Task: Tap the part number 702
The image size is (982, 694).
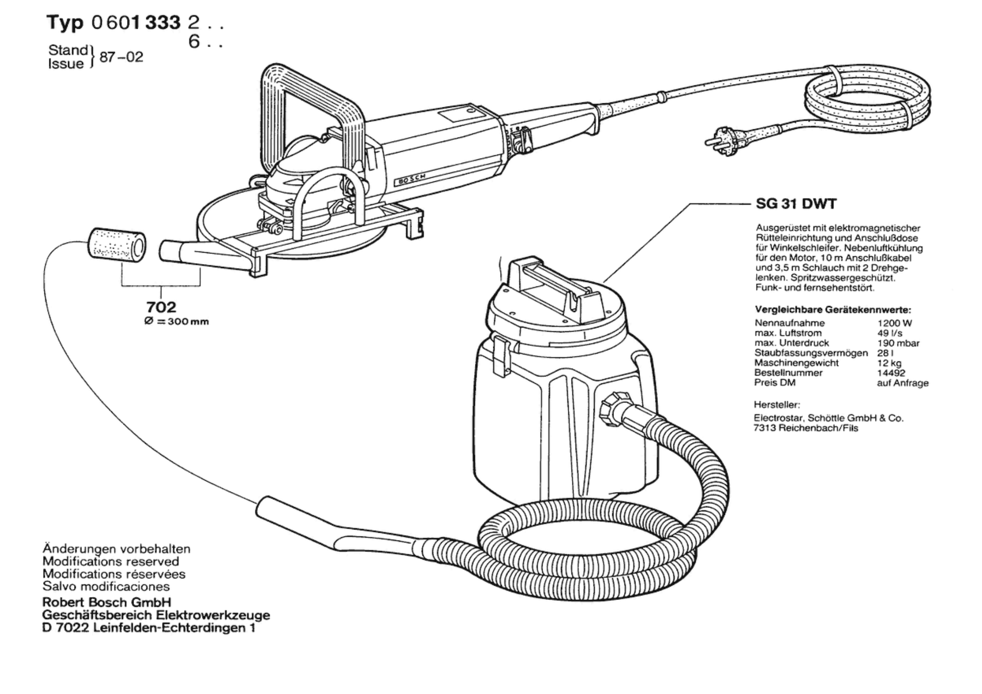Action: click(161, 307)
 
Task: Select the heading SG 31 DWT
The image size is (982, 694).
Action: click(796, 203)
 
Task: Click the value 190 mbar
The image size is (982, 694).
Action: click(898, 343)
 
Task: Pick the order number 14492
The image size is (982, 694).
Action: click(891, 373)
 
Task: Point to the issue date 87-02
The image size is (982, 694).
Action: click(121, 57)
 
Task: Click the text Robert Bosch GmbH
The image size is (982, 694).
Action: click(107, 602)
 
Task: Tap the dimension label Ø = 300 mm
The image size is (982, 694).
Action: click(176, 322)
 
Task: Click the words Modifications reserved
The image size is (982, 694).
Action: click(111, 562)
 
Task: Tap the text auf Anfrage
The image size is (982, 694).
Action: click(903, 383)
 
